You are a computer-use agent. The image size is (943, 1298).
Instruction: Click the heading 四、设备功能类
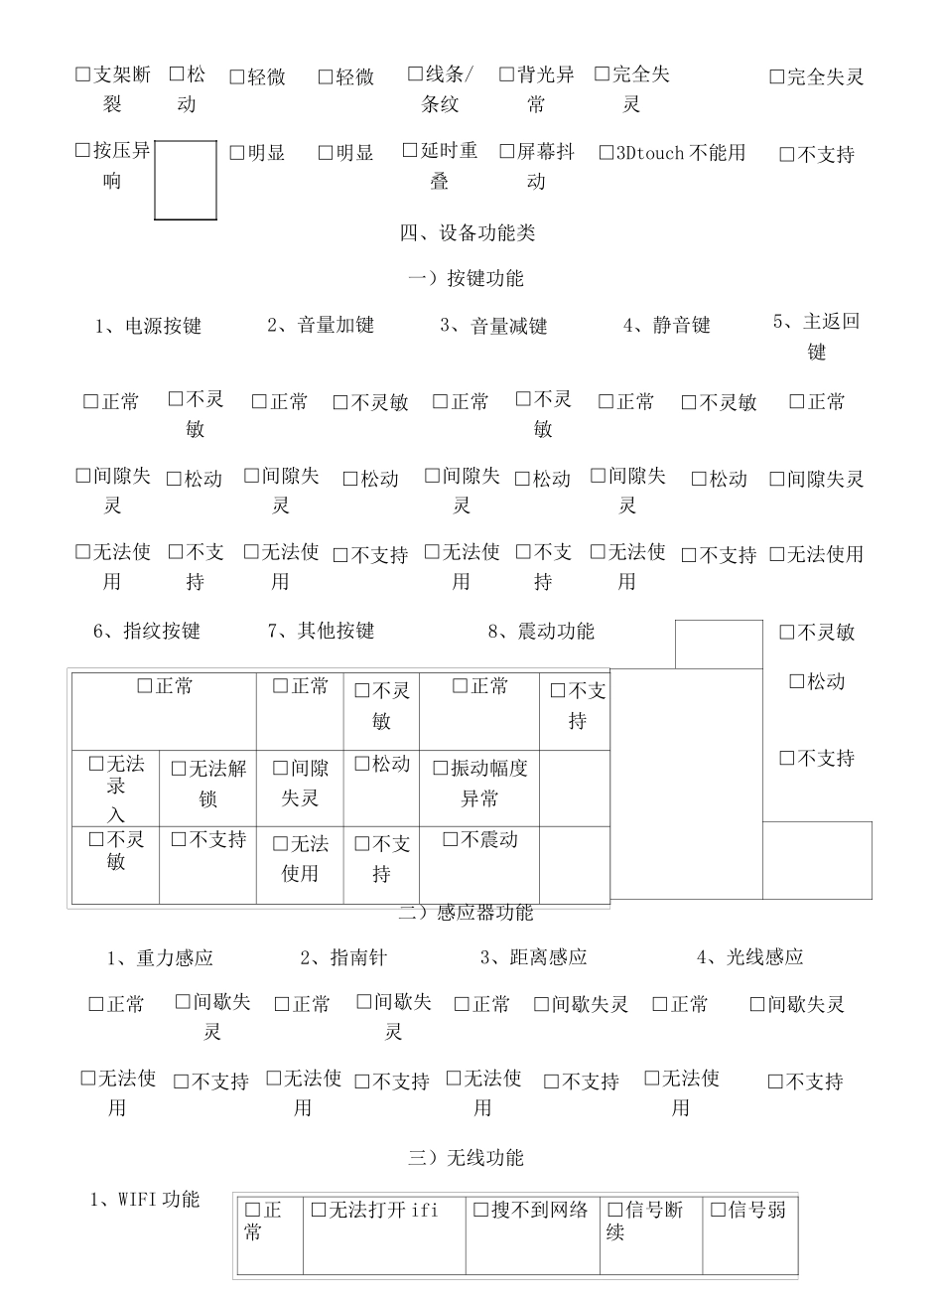coord(468,232)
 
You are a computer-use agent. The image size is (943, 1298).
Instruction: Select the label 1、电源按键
coord(148,326)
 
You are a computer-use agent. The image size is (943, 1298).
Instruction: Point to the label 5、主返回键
coord(816,336)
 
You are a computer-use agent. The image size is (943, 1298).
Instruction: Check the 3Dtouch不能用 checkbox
coord(607,153)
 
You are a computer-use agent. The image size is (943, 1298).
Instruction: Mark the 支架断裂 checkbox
coord(83,74)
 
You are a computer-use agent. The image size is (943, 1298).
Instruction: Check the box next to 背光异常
coord(506,74)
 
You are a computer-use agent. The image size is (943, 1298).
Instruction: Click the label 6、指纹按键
coord(147,631)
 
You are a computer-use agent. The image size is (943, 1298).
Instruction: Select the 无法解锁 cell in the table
coord(207,783)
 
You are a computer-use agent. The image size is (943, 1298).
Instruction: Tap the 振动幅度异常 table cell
coord(479,783)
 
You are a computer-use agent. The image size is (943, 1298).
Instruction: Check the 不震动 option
coord(479,840)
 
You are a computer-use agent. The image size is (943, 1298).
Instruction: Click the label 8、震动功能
coord(541,631)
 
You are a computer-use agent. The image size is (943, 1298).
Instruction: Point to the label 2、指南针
coord(343,957)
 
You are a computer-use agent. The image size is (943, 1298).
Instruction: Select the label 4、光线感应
coord(749,957)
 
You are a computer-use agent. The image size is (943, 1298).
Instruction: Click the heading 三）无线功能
coord(466,1157)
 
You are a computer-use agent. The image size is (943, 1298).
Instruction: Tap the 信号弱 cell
coord(748,1211)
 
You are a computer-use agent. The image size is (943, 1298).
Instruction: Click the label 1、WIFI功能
coord(145,1199)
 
